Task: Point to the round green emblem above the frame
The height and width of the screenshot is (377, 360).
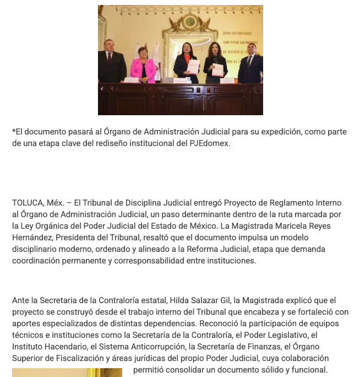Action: (x=191, y=22)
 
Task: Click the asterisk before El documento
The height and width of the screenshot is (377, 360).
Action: (x=14, y=132)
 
